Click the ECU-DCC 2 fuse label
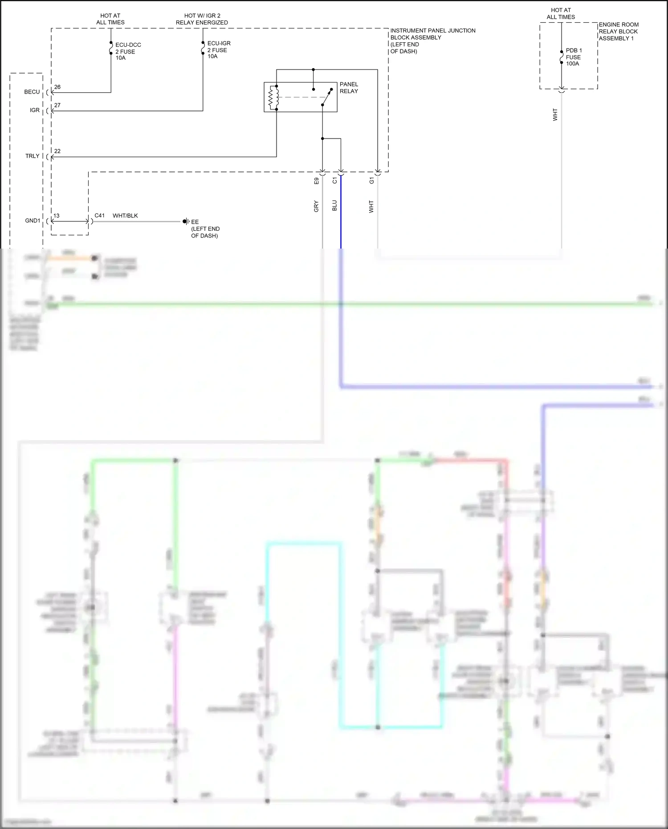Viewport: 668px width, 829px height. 128,51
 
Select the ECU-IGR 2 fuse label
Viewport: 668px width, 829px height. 219,50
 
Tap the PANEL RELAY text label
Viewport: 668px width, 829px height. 349,88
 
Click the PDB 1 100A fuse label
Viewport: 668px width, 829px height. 574,57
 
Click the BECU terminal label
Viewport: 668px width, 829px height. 32,92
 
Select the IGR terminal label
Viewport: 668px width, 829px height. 35,110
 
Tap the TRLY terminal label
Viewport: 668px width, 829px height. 33,156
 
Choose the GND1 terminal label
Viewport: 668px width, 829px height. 33,221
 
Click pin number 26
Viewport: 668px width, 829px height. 57,87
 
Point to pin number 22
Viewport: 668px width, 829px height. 57,151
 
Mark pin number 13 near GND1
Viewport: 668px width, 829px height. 57,216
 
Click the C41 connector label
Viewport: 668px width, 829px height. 100,216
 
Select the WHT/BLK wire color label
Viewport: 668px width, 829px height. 125,216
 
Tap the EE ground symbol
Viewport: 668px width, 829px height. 185,222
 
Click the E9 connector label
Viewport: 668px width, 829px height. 317,181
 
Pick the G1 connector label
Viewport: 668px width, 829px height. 372,180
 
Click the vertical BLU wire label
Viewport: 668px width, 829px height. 335,205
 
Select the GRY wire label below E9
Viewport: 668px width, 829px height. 316,206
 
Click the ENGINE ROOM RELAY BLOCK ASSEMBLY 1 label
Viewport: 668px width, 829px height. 618,32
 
